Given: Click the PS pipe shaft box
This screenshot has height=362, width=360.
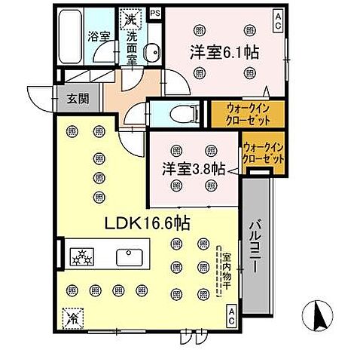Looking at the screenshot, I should [x=155, y=13].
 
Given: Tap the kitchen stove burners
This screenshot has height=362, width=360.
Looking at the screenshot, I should [x=81, y=256].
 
